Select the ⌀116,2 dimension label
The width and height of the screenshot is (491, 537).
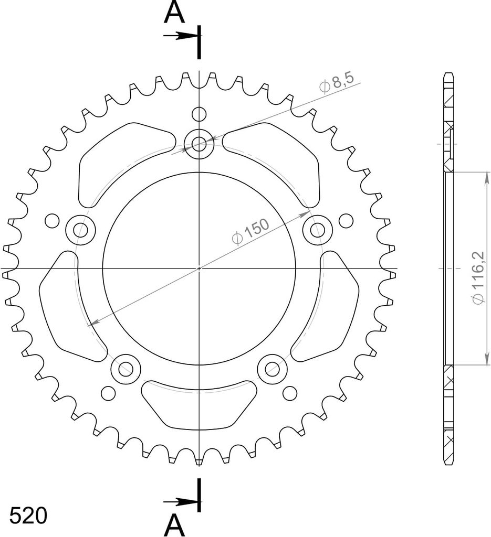[x=478, y=278]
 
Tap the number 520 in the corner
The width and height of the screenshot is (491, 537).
[x=28, y=516]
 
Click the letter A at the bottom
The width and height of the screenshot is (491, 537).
[x=174, y=525]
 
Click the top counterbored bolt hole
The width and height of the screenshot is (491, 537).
[x=199, y=144]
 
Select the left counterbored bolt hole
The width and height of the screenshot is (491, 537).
[x=80, y=230]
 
